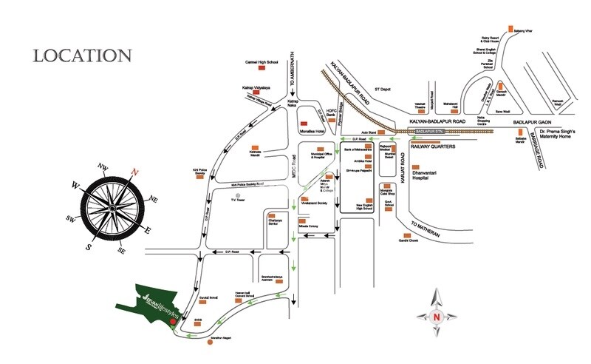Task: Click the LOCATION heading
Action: click(82, 55)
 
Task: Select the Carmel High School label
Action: click(262, 63)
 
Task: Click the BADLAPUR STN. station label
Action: click(433, 131)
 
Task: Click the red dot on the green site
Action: click(172, 322)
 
